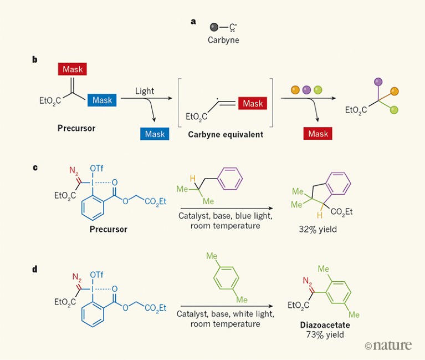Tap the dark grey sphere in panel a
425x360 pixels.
(213, 27)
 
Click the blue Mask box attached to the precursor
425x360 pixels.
(102, 100)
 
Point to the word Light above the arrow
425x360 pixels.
(144, 91)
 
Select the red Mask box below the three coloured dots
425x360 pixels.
(318, 134)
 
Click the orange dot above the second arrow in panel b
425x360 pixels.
(295, 90)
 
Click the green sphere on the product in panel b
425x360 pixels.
(393, 110)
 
